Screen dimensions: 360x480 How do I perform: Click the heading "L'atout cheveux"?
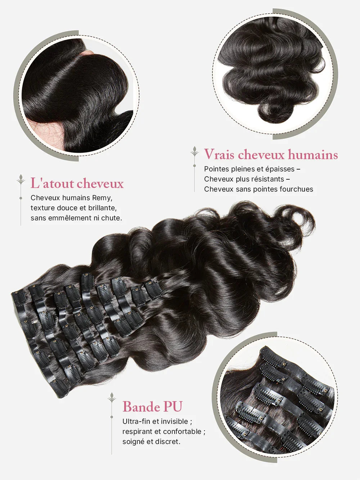(x=77, y=183)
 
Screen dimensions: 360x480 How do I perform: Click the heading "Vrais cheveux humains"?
(x=271, y=154)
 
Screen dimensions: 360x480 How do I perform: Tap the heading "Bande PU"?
(x=152, y=407)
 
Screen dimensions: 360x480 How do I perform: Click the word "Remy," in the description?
(x=102, y=198)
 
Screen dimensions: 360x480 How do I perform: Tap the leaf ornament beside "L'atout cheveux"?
(x=21, y=179)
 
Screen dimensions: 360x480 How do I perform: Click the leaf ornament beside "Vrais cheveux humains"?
(x=194, y=152)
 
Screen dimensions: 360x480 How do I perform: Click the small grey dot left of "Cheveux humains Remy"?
(x=21, y=198)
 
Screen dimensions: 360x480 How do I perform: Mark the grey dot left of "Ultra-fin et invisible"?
(x=112, y=421)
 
